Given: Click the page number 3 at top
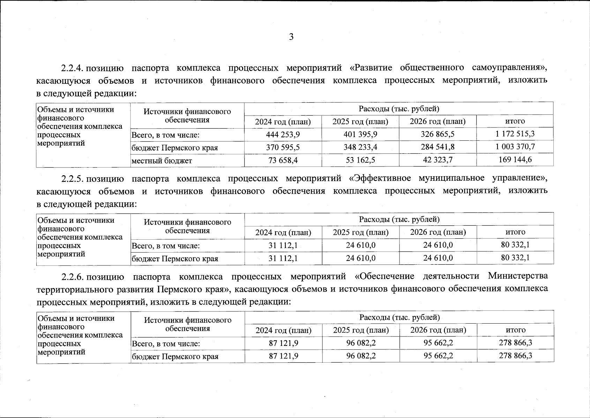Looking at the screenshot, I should pos(291,37).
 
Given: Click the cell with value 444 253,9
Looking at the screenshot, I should pos(283,134).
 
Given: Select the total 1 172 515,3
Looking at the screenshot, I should pos(515,134).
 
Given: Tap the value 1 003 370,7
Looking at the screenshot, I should pos(515,147).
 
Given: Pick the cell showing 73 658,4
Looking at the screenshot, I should pos(283,160).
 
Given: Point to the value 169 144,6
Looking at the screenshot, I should pos(515,160).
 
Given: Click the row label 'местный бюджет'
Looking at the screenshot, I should pos(162,161).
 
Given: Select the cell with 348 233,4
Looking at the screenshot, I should pos(360,147).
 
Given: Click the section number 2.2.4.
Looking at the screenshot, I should pos(72,68).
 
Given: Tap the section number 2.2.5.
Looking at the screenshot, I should pos(72,179).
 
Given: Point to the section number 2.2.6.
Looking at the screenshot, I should pos(72,277).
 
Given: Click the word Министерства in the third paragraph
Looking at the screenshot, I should pos(517,276).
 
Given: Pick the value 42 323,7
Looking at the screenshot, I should pos(438,160).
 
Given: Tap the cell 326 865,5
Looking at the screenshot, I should pos(438,134).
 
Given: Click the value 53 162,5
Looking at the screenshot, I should pos(360,160).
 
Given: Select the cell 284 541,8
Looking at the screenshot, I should pos(438,147).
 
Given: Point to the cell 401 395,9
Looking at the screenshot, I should pos(360,134).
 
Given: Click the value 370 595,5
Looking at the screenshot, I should pos(283,147).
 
